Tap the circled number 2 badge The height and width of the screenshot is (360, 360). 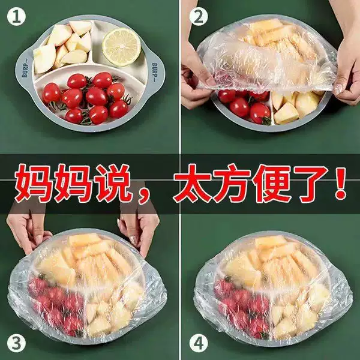pyautogui.click(x=199, y=16)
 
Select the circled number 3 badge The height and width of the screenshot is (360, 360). pyautogui.click(x=16, y=344)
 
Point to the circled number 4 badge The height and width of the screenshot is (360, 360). pyautogui.click(x=199, y=344)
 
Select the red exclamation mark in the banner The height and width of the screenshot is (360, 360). pyautogui.click(x=340, y=183)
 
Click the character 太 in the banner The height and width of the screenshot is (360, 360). pyautogui.click(x=193, y=183)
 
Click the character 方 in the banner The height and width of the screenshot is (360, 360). pyautogui.click(x=232, y=183)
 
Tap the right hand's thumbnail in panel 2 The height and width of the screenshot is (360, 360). pyautogui.click(x=338, y=89)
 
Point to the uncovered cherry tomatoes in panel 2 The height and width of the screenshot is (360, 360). pyautogui.click(x=245, y=106)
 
